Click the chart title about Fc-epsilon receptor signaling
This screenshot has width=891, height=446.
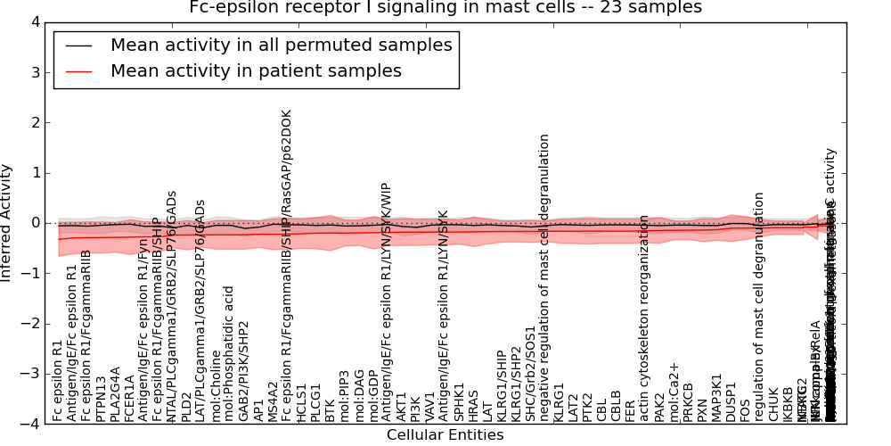445,8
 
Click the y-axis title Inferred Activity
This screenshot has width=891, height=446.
7,222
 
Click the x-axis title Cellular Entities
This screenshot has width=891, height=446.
445,435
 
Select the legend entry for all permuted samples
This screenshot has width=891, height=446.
281,45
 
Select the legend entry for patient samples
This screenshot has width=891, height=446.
256,70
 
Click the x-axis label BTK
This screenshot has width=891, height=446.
330,409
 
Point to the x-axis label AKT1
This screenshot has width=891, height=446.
401,406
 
